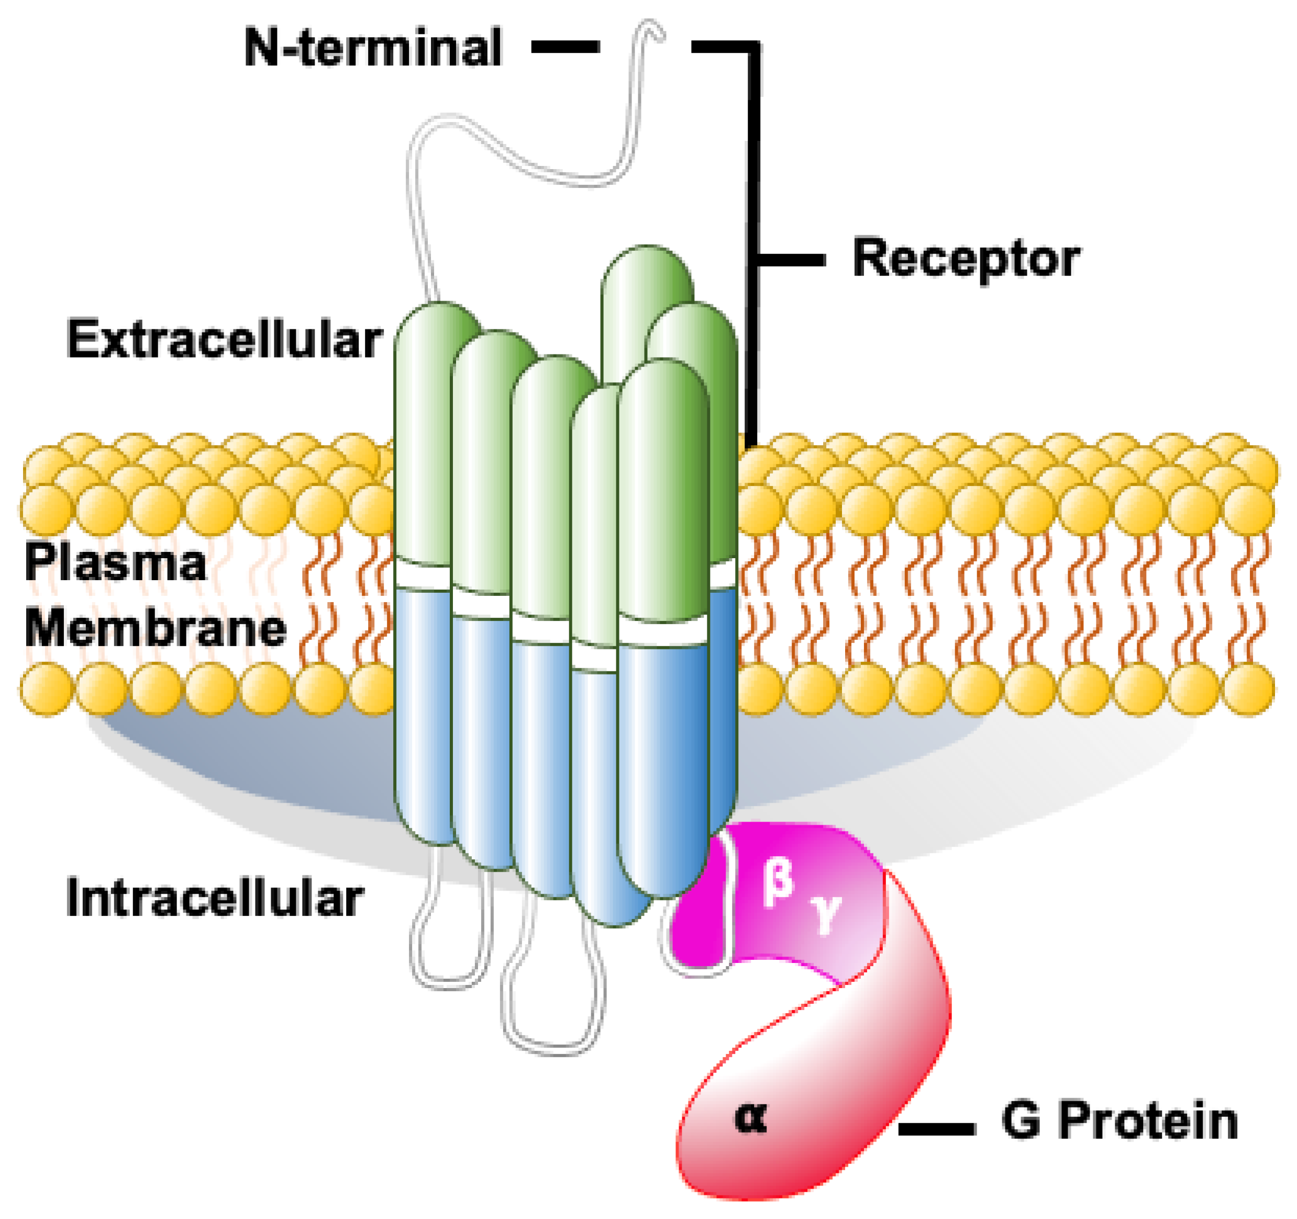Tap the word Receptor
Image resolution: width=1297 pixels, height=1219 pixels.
[x=966, y=260]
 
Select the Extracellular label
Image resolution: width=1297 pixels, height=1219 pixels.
[x=224, y=340]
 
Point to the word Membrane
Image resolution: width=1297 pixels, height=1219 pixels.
[x=156, y=628]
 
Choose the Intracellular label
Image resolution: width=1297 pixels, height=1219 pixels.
[x=215, y=899]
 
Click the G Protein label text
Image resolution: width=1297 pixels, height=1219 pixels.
[x=1119, y=1122]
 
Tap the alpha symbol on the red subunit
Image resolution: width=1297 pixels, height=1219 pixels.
[x=750, y=1117]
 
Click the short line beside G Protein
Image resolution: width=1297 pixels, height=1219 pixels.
[x=936, y=1129]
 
